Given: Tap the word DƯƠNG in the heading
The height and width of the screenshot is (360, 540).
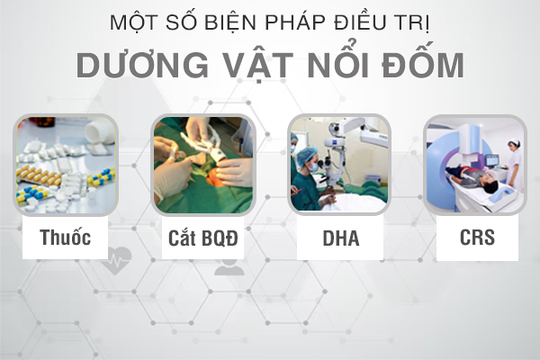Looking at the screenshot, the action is pyautogui.click(x=142, y=64).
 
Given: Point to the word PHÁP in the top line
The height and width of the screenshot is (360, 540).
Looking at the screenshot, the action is pyautogui.click(x=295, y=22).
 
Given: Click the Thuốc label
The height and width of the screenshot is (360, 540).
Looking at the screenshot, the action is pyautogui.click(x=66, y=238).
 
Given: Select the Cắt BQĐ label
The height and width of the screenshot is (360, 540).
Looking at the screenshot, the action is pyautogui.click(x=203, y=238).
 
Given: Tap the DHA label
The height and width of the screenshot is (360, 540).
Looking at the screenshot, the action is pyautogui.click(x=341, y=238).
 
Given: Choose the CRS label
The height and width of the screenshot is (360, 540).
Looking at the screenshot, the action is pyautogui.click(x=477, y=238).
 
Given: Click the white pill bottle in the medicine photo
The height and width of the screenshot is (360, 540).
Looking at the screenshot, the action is pyautogui.click(x=99, y=131).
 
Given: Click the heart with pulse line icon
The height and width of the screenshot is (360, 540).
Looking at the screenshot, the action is pyautogui.click(x=116, y=260).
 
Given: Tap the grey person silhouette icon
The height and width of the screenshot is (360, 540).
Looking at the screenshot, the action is pyautogui.click(x=229, y=266).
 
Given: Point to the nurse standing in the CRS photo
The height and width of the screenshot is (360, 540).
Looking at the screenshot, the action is pyautogui.click(x=514, y=166).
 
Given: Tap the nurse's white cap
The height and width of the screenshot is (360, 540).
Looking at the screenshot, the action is pyautogui.click(x=514, y=141).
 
